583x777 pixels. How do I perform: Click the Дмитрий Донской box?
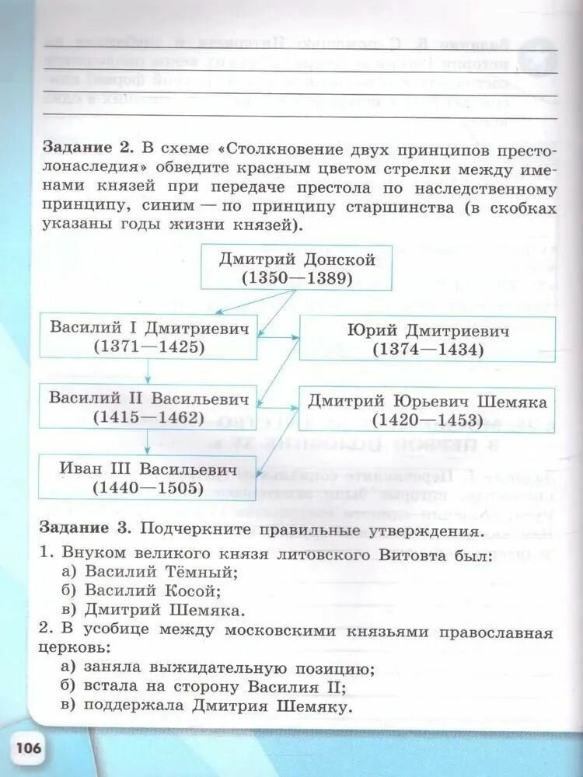(298, 268)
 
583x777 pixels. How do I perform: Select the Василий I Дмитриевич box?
(148, 336)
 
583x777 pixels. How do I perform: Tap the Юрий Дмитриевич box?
(427, 340)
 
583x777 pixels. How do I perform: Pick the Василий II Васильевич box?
(148, 407)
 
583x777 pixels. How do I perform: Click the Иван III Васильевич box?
(148, 478)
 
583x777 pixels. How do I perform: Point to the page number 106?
(28, 750)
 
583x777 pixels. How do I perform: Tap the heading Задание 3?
(86, 530)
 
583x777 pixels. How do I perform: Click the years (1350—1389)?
(298, 277)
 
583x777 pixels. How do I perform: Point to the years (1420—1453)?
(427, 420)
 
